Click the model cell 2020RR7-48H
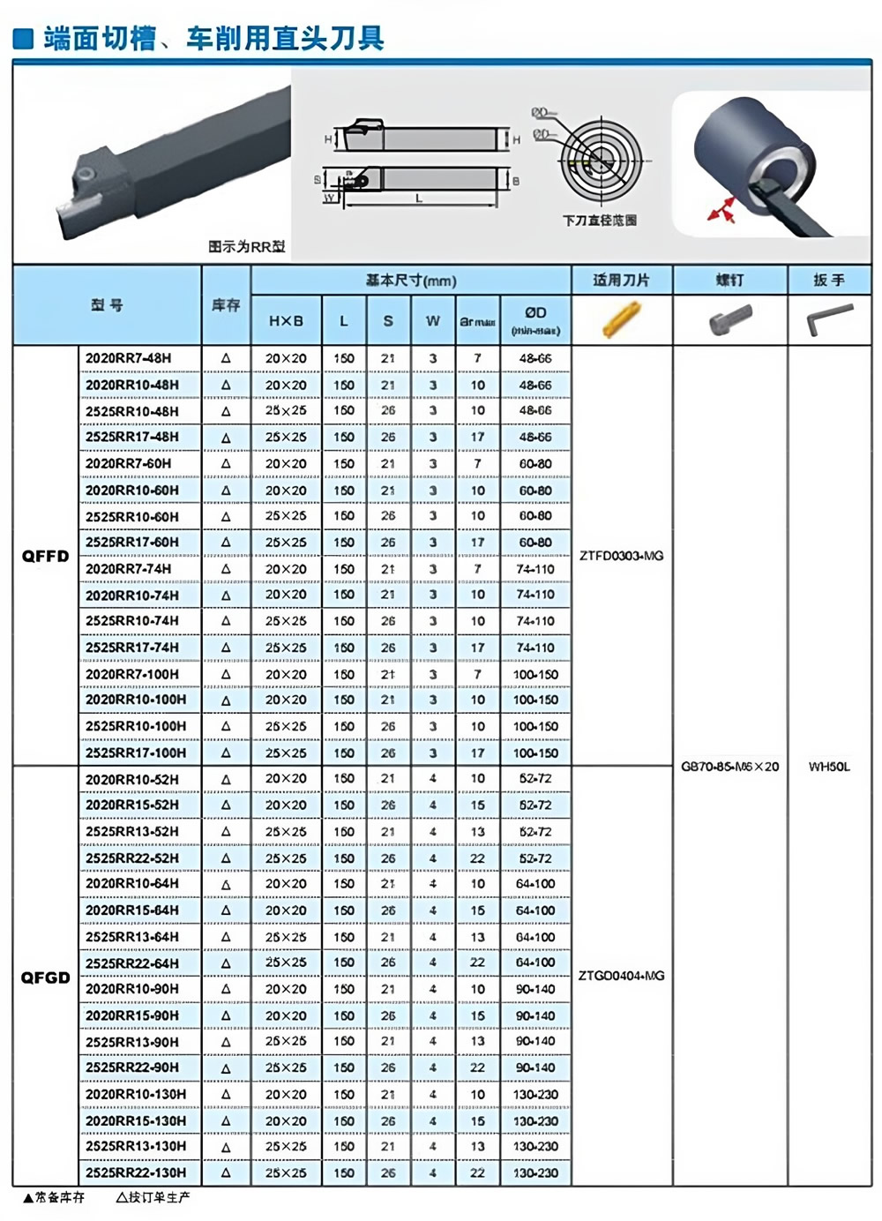coord(129,358)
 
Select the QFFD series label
coord(45,556)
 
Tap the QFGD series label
coord(45,978)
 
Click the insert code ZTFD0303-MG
coord(622,556)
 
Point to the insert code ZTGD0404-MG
coord(622,976)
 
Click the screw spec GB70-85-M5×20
coord(730,767)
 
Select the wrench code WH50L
coord(829,767)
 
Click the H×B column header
coord(286,321)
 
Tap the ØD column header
coord(535,320)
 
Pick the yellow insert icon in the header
coord(621,319)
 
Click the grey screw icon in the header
coord(730,319)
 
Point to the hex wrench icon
coord(830,319)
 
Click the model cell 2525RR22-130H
coord(136,1172)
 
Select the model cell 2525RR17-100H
coord(136,753)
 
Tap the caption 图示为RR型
coord(247,247)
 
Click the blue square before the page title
coord(25,39)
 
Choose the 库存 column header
coord(226,305)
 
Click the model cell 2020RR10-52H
coord(132,779)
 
